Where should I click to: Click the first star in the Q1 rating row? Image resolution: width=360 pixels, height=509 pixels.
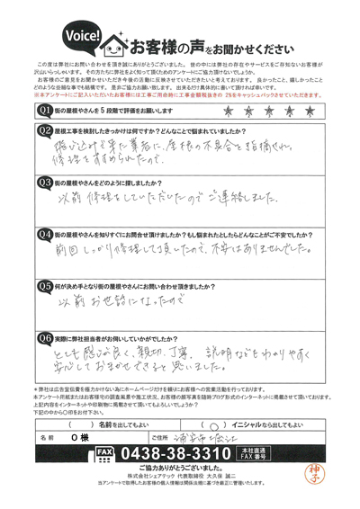click(x=224, y=110)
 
